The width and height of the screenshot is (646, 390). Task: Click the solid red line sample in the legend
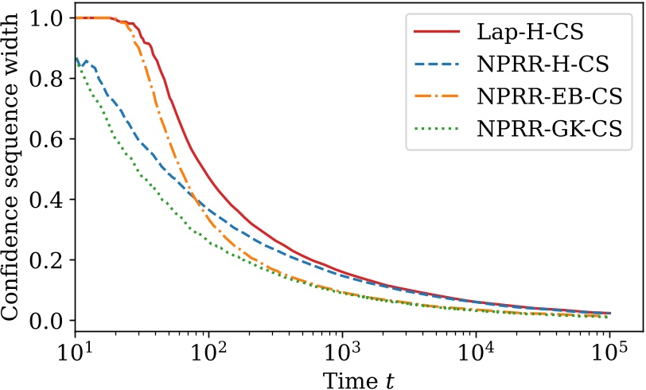(437, 33)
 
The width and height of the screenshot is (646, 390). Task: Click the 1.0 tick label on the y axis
(46, 18)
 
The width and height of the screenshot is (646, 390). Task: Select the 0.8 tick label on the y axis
(46, 78)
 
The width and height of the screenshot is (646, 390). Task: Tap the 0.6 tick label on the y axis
(46, 138)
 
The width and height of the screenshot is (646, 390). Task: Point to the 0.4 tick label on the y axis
(46, 199)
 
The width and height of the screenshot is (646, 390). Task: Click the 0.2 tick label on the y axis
(46, 259)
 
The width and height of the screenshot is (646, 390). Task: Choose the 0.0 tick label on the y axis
(46, 320)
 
